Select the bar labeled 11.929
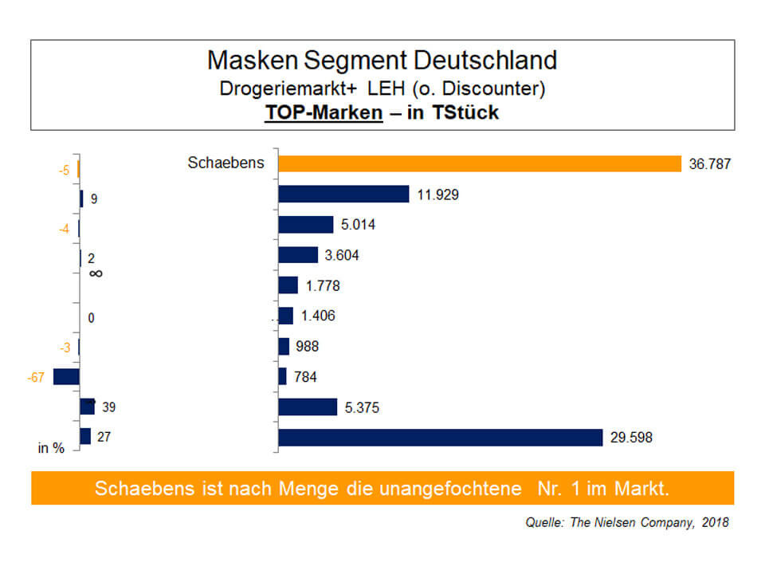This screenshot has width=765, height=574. (343, 194)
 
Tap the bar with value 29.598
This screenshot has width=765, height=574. (440, 438)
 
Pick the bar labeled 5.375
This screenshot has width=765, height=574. (308, 407)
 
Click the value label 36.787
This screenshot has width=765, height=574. (710, 164)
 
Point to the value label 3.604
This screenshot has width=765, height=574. (343, 255)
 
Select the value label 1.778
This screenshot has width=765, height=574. (322, 285)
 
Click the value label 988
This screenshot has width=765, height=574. (307, 347)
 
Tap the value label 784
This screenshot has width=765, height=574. (304, 377)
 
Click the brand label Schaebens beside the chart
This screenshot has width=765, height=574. (226, 163)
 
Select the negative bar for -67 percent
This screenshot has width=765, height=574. (66, 376)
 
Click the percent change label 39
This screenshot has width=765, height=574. (108, 407)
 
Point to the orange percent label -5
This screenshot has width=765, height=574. (65, 171)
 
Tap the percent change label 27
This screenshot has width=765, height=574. (104, 437)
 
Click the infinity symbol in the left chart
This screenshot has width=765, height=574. (96, 273)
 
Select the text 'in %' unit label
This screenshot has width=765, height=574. (51, 448)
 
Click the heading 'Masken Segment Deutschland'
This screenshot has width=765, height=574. (382, 60)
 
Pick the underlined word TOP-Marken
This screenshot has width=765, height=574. (324, 112)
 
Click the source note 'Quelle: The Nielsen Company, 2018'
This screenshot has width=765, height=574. (626, 524)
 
